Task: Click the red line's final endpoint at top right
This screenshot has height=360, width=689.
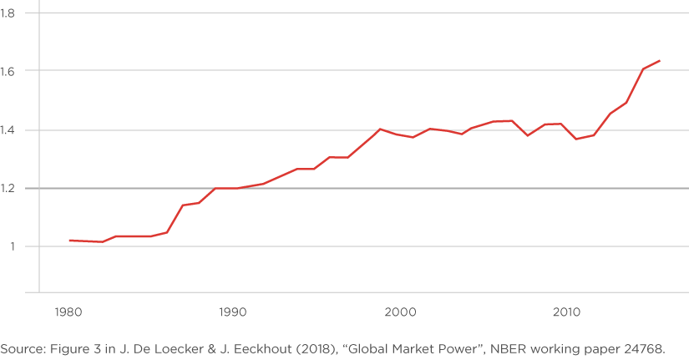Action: tap(660, 60)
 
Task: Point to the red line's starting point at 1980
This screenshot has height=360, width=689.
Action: tap(68, 240)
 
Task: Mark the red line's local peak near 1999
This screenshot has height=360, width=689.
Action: tap(380, 129)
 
